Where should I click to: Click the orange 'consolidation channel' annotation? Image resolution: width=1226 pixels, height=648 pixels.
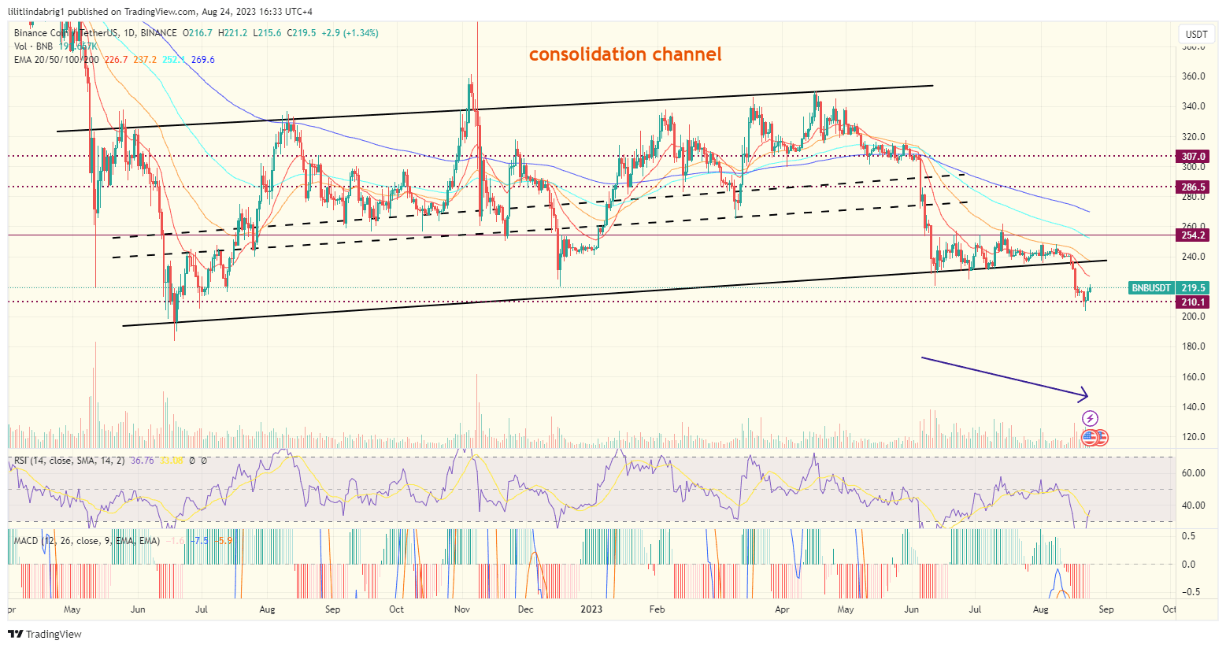[624, 54]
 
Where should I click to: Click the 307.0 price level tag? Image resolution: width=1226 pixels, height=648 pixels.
[1192, 157]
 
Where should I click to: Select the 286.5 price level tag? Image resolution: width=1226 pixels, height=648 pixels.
[1192, 187]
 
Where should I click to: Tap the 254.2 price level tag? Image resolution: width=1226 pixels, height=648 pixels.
[1192, 235]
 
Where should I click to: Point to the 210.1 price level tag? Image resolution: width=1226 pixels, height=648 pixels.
[1192, 302]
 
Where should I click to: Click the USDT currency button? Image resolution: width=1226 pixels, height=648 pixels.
[1196, 34]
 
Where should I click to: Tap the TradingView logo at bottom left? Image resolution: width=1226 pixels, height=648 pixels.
[46, 634]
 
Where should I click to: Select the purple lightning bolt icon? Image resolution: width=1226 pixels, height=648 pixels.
[1090, 418]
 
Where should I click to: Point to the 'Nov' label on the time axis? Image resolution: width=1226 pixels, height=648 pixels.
[462, 609]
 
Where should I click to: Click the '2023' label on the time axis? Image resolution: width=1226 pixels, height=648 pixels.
[591, 609]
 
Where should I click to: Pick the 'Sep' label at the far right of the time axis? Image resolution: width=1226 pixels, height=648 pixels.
[1106, 609]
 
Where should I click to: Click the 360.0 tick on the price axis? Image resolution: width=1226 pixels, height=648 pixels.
[1194, 76]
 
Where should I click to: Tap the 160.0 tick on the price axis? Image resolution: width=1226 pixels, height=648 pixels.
[1194, 377]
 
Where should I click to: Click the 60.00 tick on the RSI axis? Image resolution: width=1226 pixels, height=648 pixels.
[1194, 473]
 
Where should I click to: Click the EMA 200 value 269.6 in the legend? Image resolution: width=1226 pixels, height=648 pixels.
[202, 60]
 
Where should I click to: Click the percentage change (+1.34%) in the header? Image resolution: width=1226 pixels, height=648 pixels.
[359, 33]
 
